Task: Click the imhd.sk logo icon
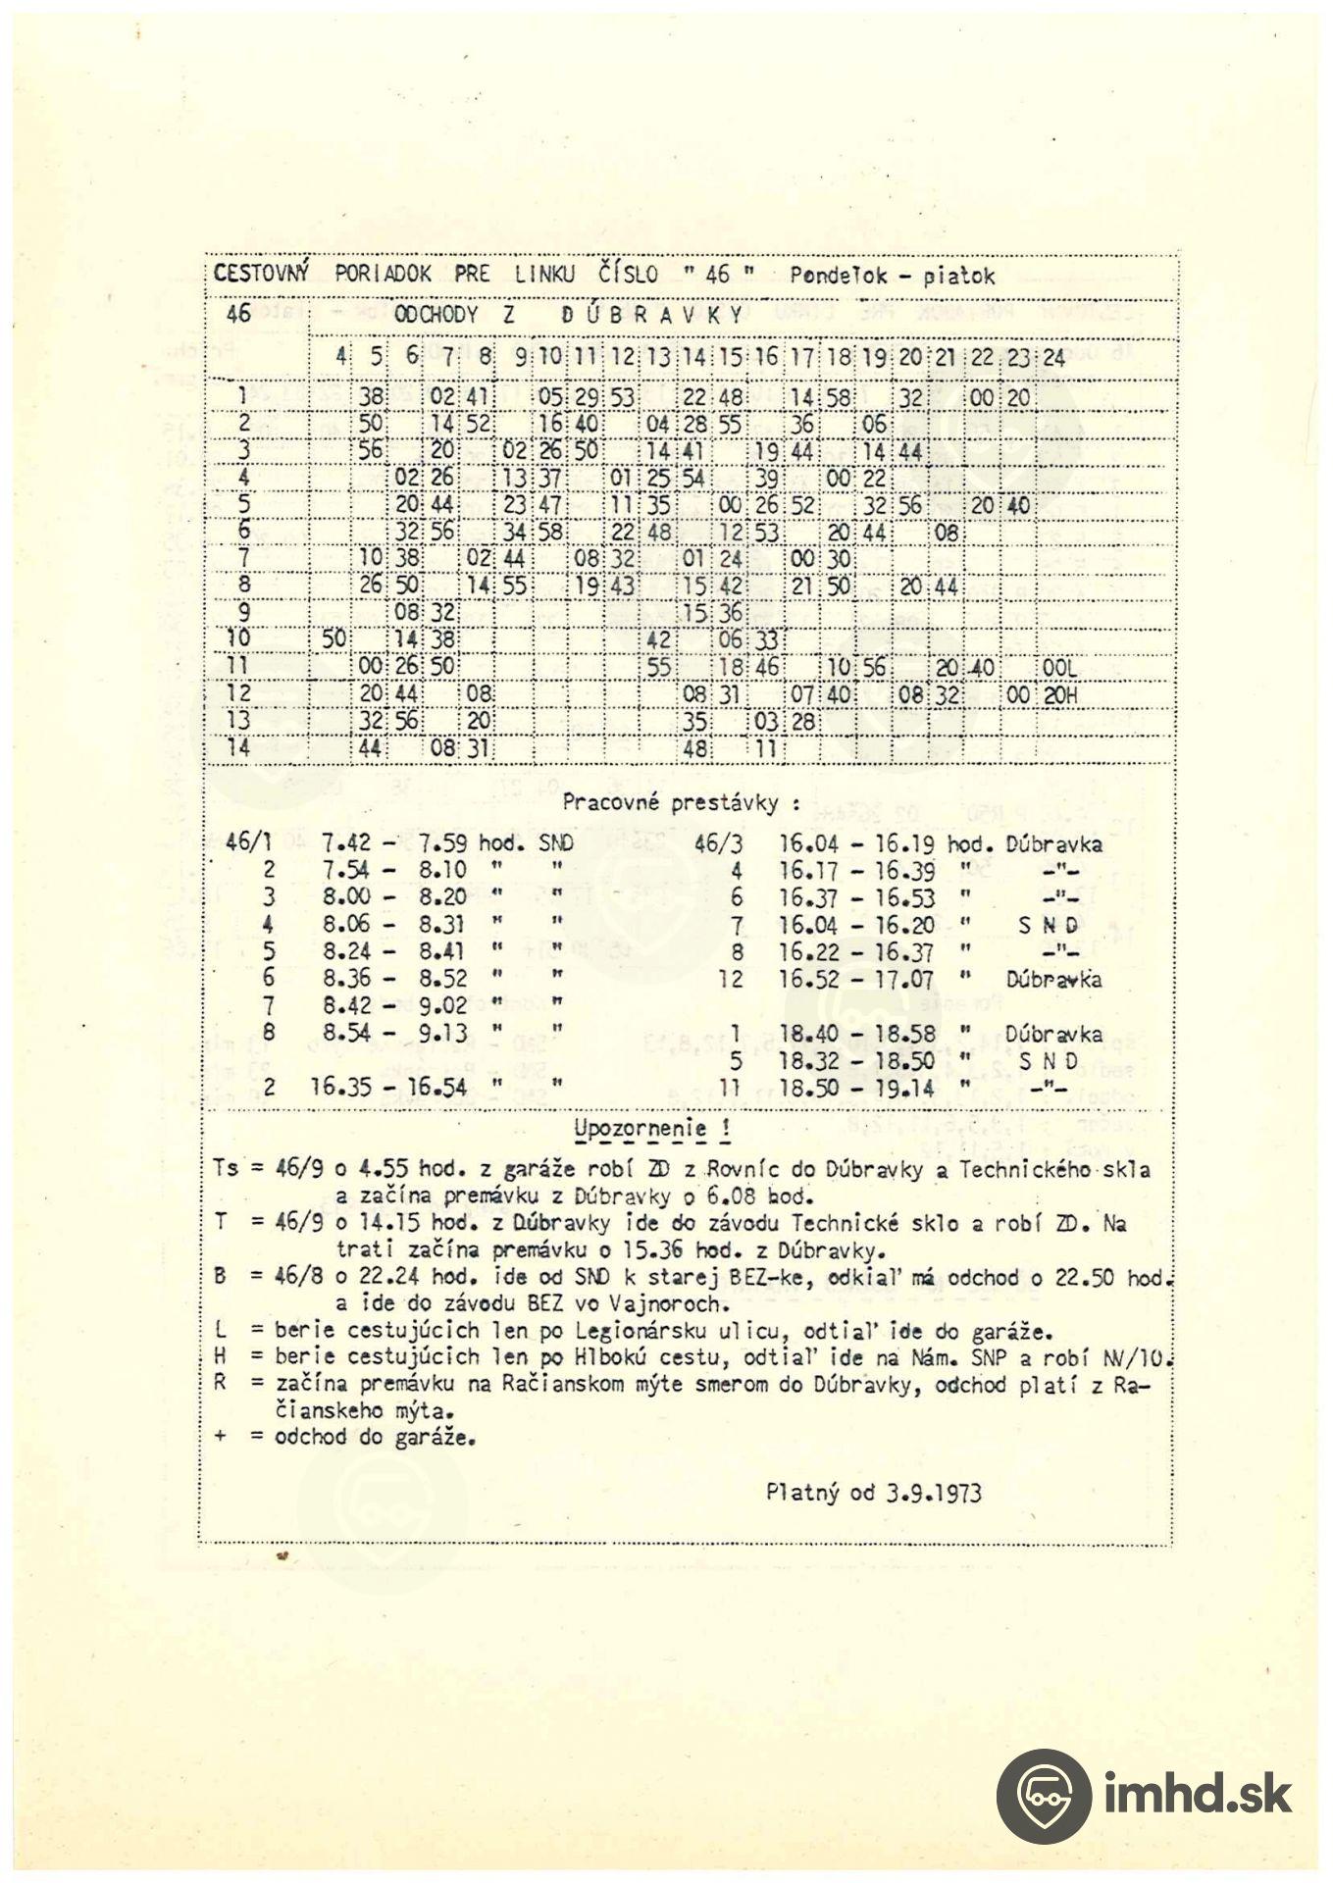(x=1043, y=1796)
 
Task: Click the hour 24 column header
(x=1053, y=358)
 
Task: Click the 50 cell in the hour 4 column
(x=333, y=638)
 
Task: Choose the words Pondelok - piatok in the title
(x=892, y=276)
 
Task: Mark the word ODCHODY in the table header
(x=436, y=315)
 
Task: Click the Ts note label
(x=225, y=1170)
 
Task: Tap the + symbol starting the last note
(x=220, y=1438)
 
